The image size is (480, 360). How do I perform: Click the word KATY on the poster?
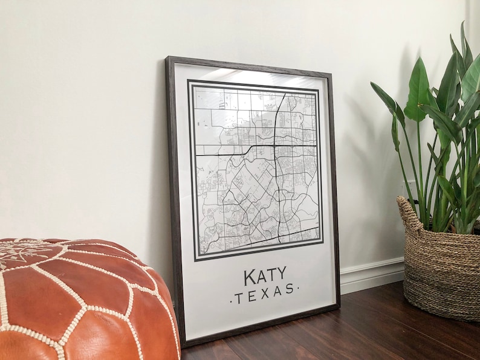tap(265, 277)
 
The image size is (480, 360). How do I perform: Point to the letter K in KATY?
tap(250, 278)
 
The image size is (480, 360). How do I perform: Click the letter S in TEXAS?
tap(290, 290)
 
